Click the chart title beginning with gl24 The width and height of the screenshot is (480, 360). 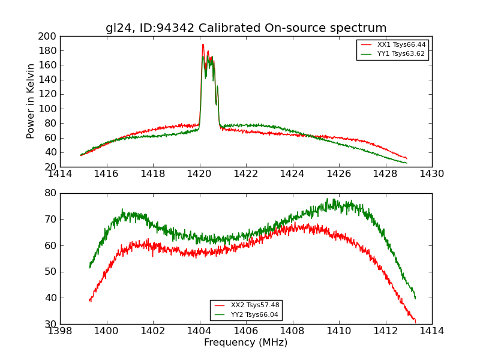[x=246, y=28]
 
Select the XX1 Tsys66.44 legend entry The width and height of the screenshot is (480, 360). [x=401, y=45]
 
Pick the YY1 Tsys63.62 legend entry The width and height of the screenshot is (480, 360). [x=401, y=54]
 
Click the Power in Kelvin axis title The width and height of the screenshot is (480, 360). [x=31, y=101]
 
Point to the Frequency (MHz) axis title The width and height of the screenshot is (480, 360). [x=246, y=343]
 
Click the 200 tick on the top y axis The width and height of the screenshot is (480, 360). [x=48, y=37]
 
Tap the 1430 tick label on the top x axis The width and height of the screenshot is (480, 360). [x=432, y=174]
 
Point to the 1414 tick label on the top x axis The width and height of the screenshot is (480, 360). [x=61, y=174]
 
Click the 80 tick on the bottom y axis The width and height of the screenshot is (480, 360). [x=50, y=193]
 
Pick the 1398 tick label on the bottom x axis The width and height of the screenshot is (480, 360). [x=61, y=331]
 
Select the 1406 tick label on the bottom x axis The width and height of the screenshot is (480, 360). [x=246, y=331]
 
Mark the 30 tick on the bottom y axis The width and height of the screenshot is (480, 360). [x=50, y=324]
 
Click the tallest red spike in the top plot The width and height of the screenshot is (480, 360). [x=203, y=44]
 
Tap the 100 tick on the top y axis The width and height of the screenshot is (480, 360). [x=48, y=109]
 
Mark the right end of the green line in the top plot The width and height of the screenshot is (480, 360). [x=406, y=163]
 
